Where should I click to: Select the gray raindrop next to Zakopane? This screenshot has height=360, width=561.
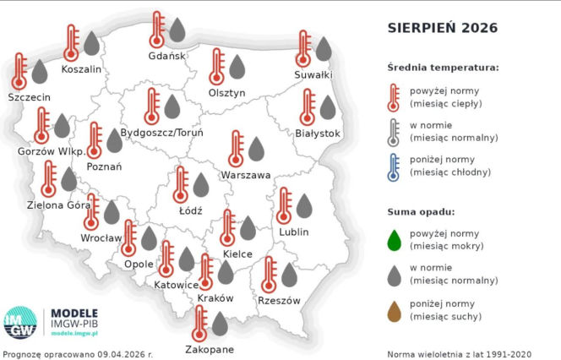click(220, 323)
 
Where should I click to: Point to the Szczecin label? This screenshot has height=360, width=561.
click(29, 97)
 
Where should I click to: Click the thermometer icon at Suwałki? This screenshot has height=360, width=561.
click(303, 49)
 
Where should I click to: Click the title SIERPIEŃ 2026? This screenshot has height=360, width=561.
click(442, 28)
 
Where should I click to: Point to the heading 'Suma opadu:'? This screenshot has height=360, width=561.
click(421, 210)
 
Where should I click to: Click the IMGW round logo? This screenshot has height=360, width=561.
click(20, 322)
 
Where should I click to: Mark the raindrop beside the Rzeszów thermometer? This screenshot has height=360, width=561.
click(289, 275)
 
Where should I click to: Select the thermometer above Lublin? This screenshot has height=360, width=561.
click(283, 206)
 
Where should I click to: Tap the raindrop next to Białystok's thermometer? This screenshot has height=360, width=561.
click(328, 107)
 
